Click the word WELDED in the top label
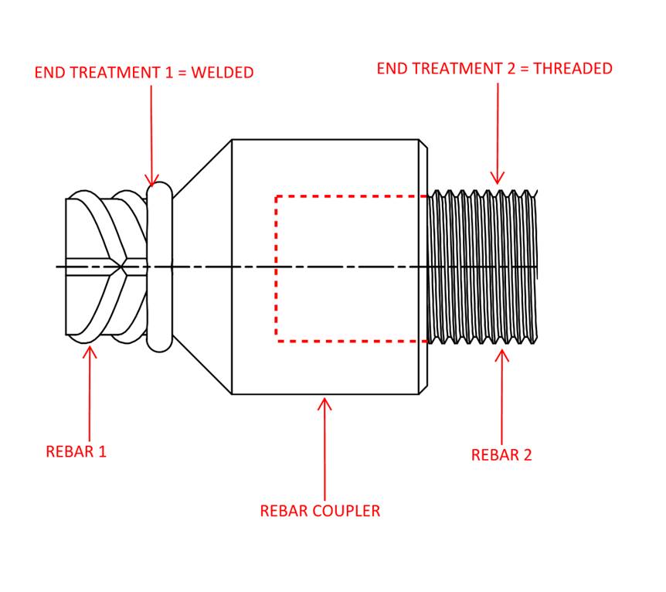click(x=222, y=73)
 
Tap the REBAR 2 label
click(x=501, y=455)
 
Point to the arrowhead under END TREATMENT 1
click(x=151, y=180)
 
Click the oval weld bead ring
click(x=158, y=267)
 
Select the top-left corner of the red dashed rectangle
click(x=277, y=196)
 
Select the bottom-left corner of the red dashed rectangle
click(x=277, y=340)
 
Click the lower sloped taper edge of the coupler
click(x=202, y=366)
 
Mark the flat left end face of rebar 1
click(x=66, y=267)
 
